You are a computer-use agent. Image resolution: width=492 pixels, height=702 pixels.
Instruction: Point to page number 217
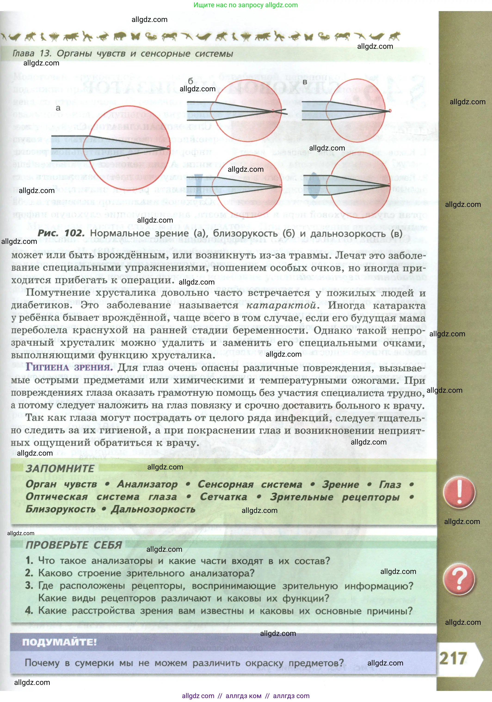coord(453,658)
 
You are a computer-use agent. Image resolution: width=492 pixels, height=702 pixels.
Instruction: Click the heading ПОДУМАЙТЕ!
coord(59,642)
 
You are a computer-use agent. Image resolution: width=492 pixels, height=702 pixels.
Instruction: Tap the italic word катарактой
coord(281,305)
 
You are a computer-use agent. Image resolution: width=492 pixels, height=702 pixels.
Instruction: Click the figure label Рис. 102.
coord(61,233)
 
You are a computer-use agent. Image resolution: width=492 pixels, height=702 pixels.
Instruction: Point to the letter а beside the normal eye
coord(58,108)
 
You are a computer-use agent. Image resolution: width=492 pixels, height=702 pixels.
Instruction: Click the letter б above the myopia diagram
coord(191,81)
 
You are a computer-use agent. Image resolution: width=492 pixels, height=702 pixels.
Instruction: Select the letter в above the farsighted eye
coord(304,82)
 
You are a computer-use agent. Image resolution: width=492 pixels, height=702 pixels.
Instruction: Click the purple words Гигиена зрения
coord(69,367)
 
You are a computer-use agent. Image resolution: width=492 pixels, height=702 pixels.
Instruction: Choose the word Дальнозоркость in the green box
coord(153,509)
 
